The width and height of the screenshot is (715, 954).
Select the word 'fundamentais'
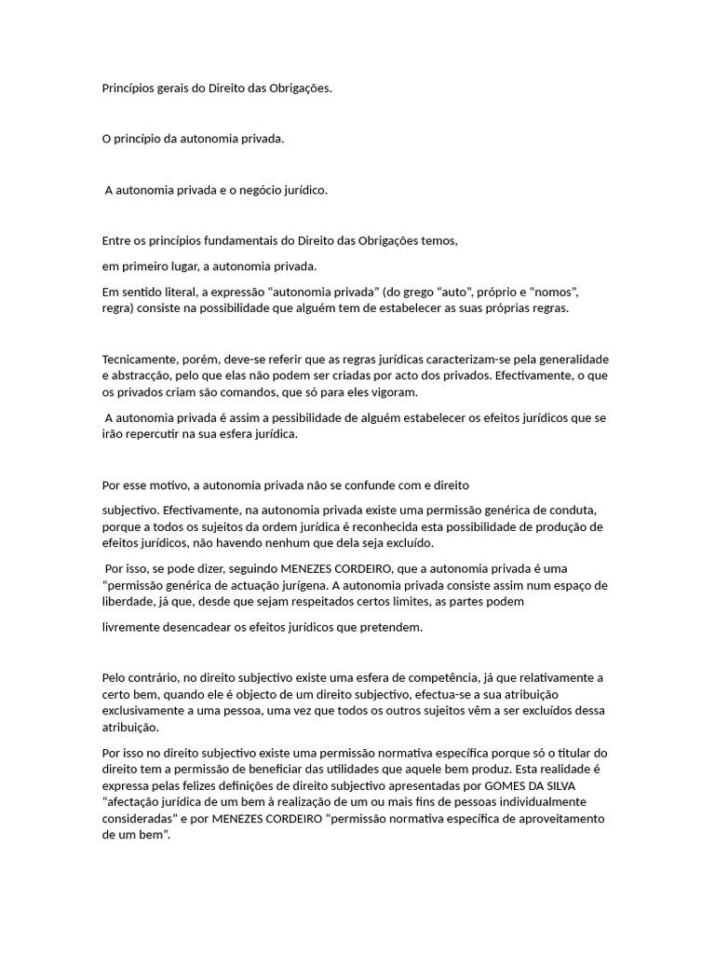258,240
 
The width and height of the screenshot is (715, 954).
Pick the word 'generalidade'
570,359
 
